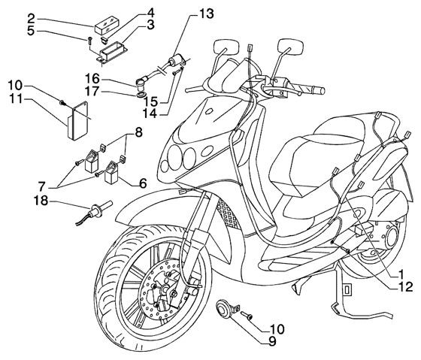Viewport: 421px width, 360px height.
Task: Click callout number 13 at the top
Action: click(185, 14)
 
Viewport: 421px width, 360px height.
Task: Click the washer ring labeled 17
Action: click(140, 95)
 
